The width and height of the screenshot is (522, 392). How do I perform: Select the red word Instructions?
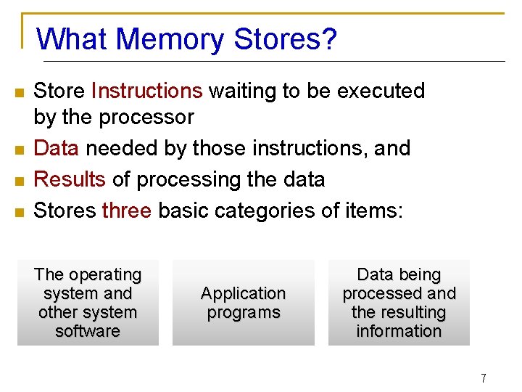coord(147,91)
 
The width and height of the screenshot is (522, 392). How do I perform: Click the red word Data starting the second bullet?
coord(57,148)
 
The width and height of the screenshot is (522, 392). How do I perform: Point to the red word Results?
coord(70,179)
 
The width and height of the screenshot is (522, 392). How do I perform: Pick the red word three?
coord(127,211)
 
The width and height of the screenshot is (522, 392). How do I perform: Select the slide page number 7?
coord(483,378)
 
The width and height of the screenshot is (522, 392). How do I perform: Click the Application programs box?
coord(243,303)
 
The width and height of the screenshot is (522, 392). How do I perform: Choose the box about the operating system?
coord(88,303)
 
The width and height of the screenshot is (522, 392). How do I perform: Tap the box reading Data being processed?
coord(399,303)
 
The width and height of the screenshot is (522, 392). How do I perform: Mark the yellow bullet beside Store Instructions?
coord(20,92)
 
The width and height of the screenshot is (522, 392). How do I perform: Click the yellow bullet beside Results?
coord(20,181)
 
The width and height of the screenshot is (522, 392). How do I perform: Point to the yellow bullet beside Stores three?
coord(20,212)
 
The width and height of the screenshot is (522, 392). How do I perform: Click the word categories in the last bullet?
coord(262,211)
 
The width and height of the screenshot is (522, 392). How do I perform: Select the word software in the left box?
coord(88,331)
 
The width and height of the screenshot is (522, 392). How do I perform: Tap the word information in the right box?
coord(399,331)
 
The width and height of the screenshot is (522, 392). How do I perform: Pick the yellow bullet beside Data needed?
coord(20,150)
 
